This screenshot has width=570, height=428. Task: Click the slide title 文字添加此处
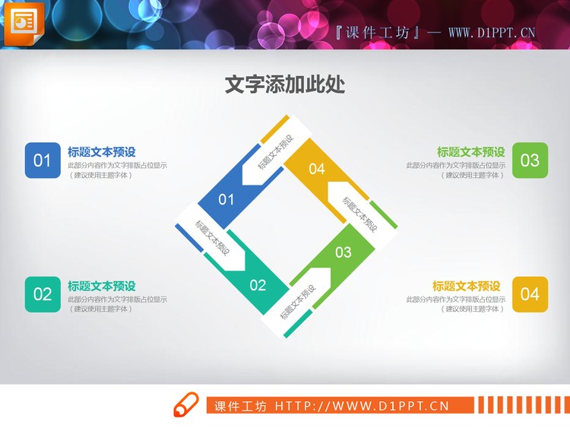(285, 85)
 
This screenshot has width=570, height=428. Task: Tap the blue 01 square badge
(43, 160)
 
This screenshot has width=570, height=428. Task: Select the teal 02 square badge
(43, 294)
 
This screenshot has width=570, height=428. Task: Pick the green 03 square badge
(530, 160)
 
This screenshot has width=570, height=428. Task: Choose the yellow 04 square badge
(530, 294)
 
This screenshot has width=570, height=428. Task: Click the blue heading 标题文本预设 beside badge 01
(102, 152)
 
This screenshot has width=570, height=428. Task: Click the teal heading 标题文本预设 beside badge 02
(102, 286)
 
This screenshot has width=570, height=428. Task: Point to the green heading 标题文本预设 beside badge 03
(470, 152)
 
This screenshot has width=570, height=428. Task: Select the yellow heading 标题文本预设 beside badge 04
(467, 286)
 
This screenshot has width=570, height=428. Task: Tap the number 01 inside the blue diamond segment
(226, 200)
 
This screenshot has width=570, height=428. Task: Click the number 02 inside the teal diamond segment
(258, 285)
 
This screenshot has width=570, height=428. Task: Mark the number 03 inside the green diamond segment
(344, 252)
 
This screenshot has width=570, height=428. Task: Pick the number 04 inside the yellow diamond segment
(317, 169)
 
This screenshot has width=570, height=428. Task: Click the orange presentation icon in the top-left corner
(24, 24)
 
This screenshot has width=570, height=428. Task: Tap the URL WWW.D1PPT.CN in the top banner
(492, 33)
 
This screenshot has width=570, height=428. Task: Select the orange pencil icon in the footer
(185, 406)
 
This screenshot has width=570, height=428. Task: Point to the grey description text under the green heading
(454, 170)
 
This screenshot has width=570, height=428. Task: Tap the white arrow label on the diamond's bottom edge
(299, 302)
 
